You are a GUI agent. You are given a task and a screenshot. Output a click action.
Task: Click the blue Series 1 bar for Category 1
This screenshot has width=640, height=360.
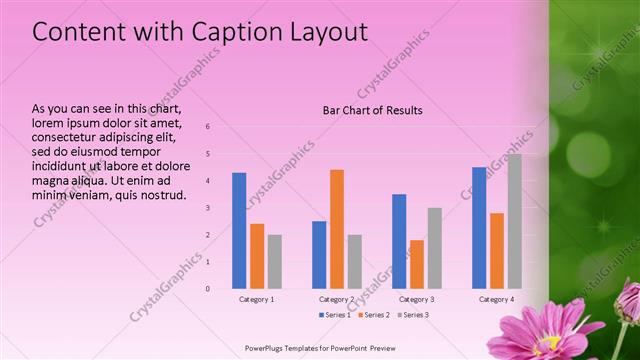tap(239, 230)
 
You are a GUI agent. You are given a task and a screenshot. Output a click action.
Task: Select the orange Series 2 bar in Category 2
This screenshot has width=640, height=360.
tap(337, 229)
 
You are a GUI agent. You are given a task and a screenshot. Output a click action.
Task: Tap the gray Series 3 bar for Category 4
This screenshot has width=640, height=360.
tap(514, 221)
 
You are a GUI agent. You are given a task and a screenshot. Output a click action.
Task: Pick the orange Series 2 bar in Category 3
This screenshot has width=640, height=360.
tap(417, 264)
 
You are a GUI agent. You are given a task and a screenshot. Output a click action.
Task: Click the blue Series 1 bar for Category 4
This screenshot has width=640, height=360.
tap(479, 227)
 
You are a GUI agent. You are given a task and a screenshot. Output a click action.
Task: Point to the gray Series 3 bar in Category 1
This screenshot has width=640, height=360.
tap(274, 261)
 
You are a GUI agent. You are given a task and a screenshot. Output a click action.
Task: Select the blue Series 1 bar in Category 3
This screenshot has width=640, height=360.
tap(399, 241)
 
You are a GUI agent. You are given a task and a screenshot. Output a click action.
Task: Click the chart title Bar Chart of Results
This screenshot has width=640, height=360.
tap(372, 110)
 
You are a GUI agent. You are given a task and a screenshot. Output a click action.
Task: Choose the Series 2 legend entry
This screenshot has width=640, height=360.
tap(373, 315)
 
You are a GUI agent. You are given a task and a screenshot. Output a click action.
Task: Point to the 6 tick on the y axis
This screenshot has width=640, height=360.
tap(207, 127)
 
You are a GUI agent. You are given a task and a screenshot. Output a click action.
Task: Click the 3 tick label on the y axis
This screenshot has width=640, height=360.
tap(207, 208)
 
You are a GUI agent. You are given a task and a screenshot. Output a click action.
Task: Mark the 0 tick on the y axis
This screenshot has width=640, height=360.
tap(207, 289)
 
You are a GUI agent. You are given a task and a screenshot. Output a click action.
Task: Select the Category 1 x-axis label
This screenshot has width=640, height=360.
tap(257, 299)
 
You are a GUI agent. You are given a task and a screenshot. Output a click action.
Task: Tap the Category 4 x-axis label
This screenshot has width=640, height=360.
tap(496, 299)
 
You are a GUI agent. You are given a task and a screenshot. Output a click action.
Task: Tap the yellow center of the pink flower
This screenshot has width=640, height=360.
tap(553, 346)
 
